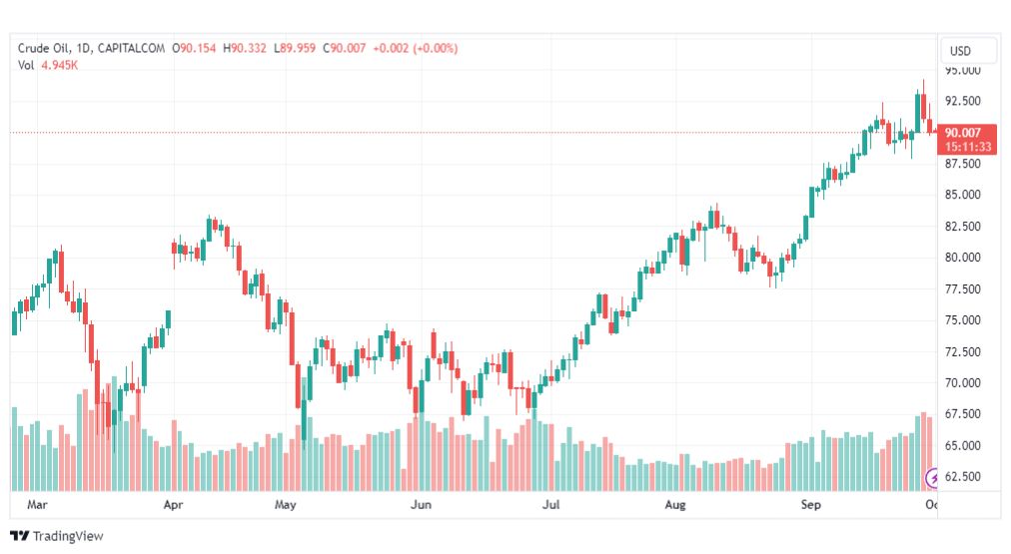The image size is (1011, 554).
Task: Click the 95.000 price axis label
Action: [963, 71]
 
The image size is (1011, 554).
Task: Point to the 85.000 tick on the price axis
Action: [963, 194]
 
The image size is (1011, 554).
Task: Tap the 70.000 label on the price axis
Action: [963, 382]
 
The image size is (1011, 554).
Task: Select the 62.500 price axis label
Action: [963, 476]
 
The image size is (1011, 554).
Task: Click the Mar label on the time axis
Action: [37, 505]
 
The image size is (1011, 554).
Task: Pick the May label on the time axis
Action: [287, 505]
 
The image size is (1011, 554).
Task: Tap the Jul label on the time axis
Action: [550, 505]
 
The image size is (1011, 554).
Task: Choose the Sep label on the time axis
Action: [810, 505]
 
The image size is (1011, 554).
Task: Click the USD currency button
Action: [960, 51]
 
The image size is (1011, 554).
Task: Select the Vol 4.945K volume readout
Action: [48, 65]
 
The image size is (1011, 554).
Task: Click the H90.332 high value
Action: [245, 48]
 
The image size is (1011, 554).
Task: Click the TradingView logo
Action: [57, 536]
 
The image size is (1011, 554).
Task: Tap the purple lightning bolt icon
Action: [934, 478]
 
